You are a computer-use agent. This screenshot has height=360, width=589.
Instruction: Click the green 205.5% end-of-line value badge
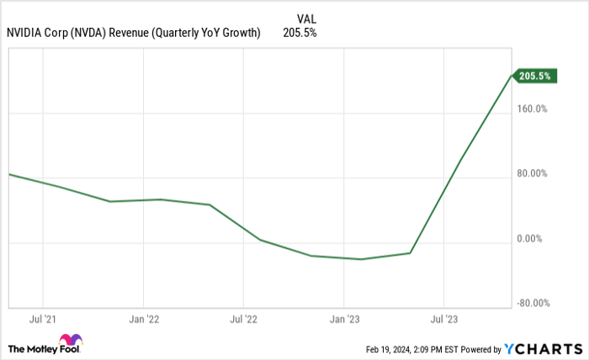pyautogui.click(x=534, y=77)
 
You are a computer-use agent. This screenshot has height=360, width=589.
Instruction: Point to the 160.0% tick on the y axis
pyautogui.click(x=532, y=109)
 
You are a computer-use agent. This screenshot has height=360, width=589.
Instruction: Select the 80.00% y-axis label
pyautogui.click(x=532, y=174)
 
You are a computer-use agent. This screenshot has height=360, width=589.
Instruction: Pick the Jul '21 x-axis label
pyautogui.click(x=43, y=320)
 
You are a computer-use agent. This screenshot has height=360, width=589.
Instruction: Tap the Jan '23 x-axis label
pyautogui.click(x=342, y=320)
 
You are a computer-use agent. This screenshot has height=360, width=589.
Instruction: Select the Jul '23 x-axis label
pyautogui.click(x=443, y=320)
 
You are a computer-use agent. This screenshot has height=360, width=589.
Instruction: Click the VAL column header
pyautogui.click(x=306, y=18)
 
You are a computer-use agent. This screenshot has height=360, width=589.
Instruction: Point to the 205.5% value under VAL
pyautogui.click(x=300, y=33)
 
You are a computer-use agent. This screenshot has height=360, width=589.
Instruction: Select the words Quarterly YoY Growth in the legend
pyautogui.click(x=210, y=33)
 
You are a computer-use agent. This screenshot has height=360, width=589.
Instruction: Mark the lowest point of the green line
pyautogui.click(x=361, y=259)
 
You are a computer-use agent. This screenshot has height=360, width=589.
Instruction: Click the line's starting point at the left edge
pyautogui.click(x=9, y=174)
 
